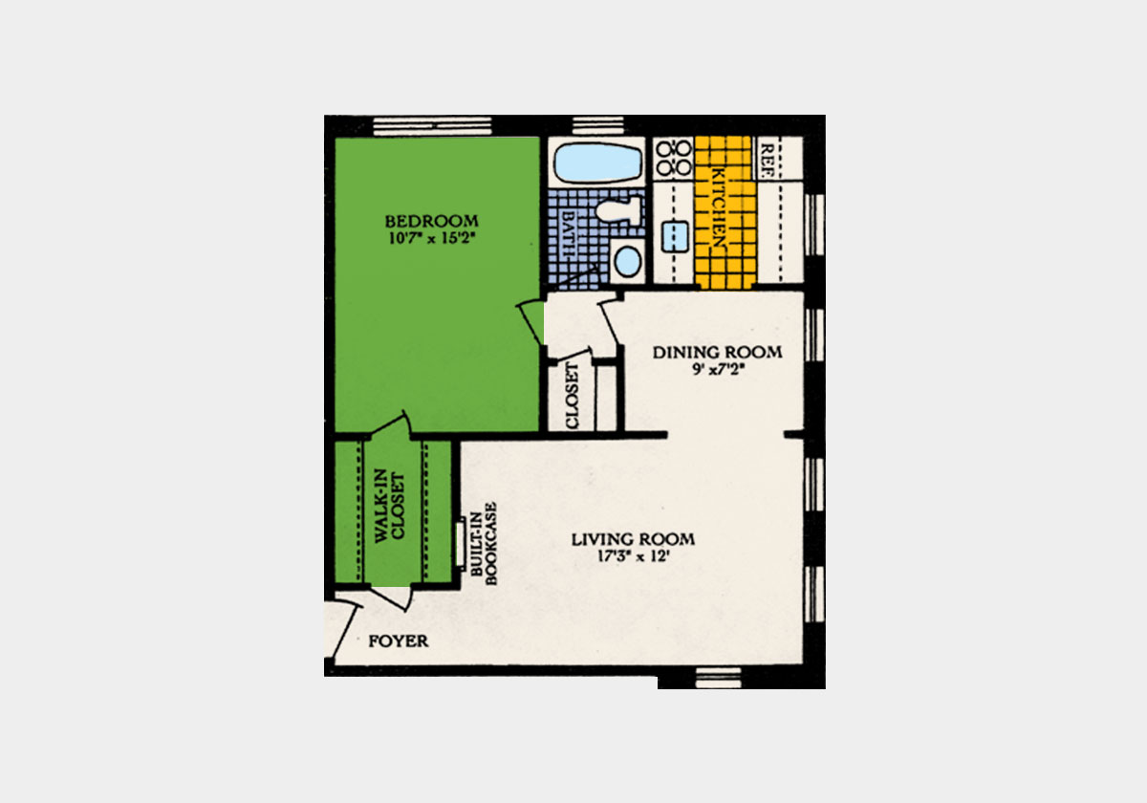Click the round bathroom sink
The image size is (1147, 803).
click(627, 260)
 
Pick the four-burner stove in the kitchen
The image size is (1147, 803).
click(675, 157)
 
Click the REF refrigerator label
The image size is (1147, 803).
click(767, 155)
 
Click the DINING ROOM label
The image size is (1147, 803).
click(717, 352)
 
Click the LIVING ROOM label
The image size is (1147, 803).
click(633, 539)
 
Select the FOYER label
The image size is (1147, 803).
click(398, 640)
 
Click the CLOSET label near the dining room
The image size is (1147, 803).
click(573, 396)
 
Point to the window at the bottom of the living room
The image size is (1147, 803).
click(719, 679)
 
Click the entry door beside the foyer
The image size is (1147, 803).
click(336, 631)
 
